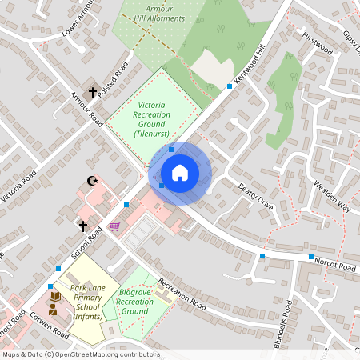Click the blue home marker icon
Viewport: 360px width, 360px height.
click(x=180, y=172)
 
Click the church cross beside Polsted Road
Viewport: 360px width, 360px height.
click(x=92, y=93)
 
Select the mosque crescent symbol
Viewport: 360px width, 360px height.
click(x=94, y=182)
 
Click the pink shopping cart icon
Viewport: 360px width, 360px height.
click(x=114, y=226)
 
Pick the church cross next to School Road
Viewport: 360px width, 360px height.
click(x=82, y=226)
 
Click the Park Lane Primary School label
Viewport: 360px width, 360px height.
click(x=88, y=302)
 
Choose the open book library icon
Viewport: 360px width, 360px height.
click(x=54, y=296)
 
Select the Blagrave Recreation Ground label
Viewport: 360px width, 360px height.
click(x=135, y=302)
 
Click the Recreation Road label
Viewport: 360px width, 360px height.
click(x=183, y=294)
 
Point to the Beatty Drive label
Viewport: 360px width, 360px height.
click(x=255, y=197)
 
